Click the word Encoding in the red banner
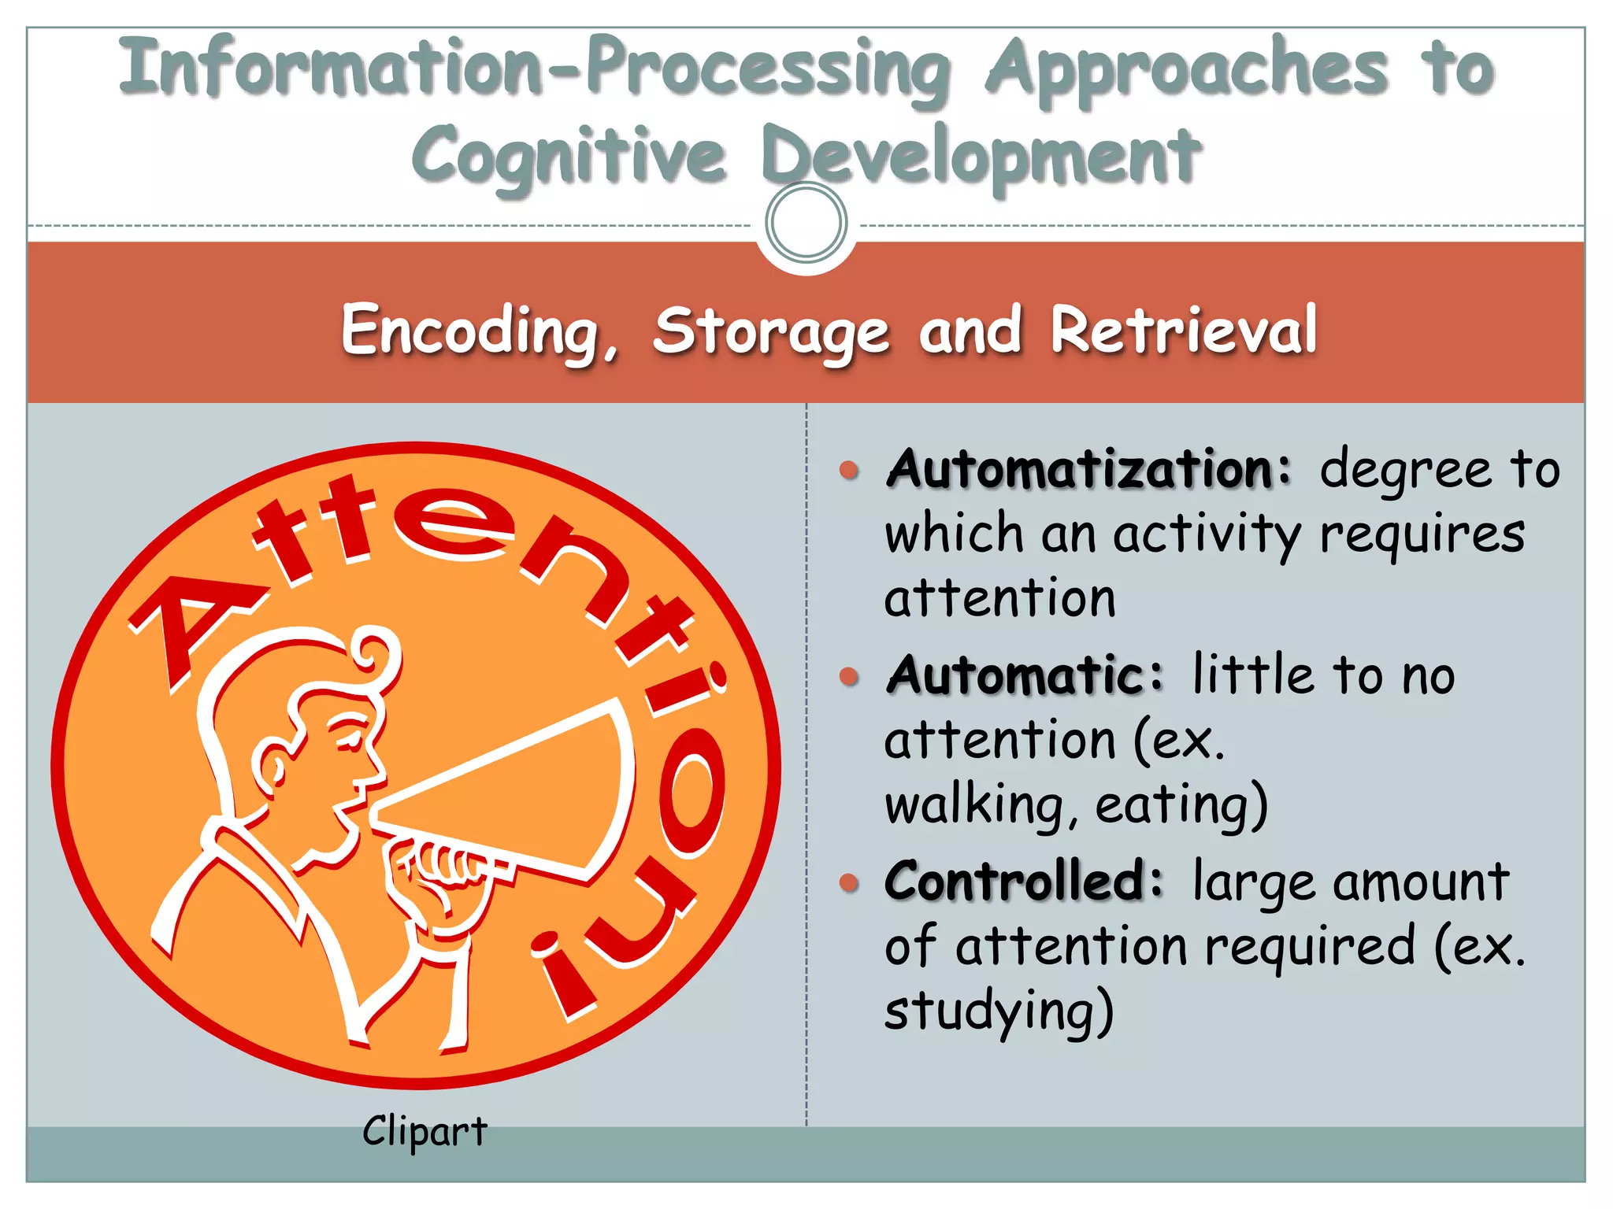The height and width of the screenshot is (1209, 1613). [x=471, y=331]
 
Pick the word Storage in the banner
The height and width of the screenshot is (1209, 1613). [x=770, y=332]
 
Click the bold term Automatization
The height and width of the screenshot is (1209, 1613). [x=1088, y=469]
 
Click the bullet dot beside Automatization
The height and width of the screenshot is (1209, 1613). [x=849, y=471]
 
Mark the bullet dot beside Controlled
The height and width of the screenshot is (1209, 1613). [x=849, y=882]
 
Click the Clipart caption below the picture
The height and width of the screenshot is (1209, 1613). [x=425, y=1131]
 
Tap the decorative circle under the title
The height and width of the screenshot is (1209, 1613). [x=806, y=223]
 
